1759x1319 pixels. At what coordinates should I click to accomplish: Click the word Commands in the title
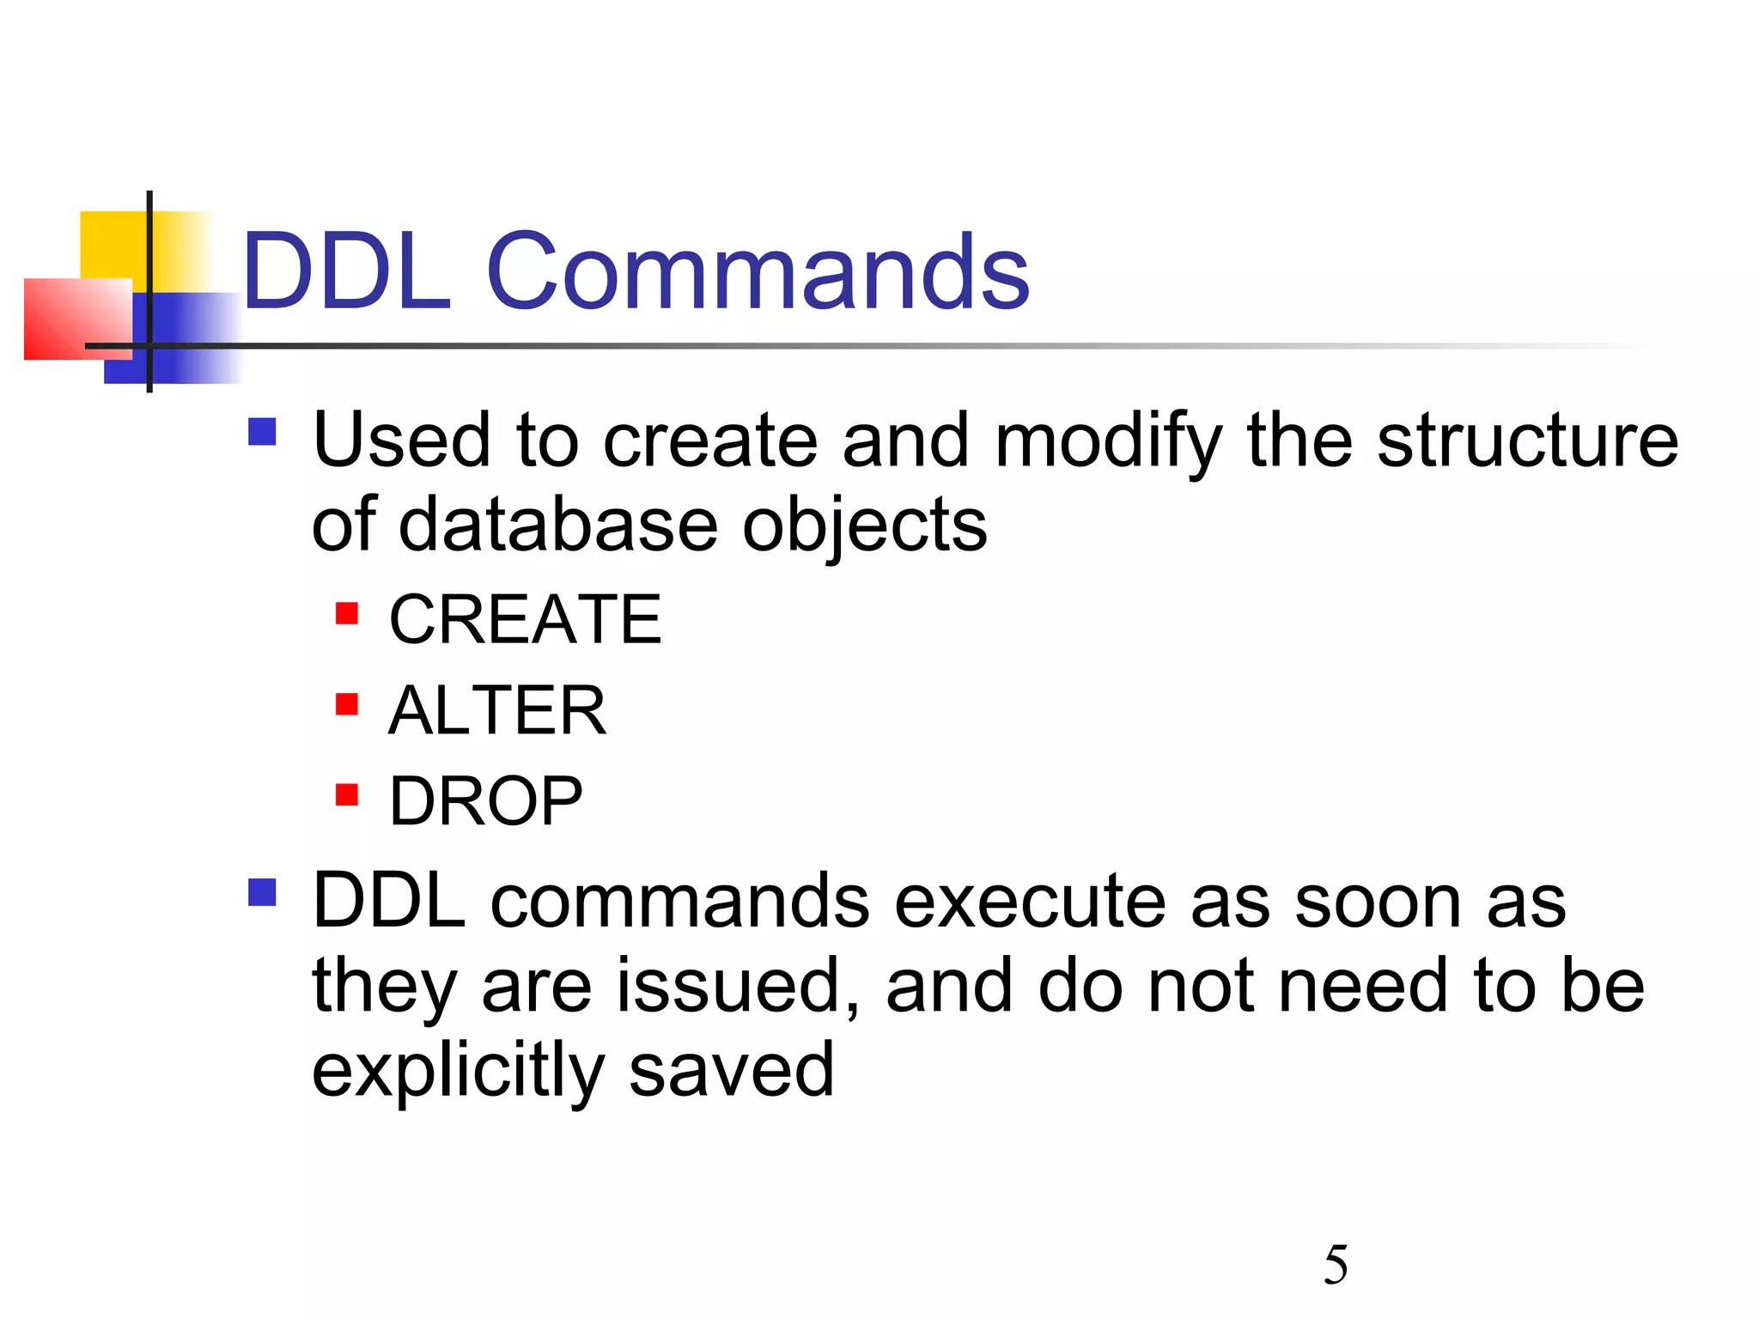tap(758, 273)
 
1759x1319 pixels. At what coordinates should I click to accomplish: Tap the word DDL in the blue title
tap(346, 273)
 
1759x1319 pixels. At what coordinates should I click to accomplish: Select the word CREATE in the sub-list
tap(525, 620)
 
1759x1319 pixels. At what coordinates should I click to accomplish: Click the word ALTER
tap(497, 711)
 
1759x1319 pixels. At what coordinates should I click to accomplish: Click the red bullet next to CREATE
tap(347, 613)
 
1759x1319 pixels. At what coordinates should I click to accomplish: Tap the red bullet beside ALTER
tap(347, 704)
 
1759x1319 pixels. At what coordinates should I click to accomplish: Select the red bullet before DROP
tap(347, 795)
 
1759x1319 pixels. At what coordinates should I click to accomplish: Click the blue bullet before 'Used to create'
tap(262, 431)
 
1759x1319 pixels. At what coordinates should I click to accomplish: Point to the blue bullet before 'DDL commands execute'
tap(262, 892)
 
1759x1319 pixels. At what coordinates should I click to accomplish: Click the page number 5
tap(1336, 1265)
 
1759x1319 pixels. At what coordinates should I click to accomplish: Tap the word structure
tap(1527, 441)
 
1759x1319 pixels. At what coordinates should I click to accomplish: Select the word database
tap(558, 526)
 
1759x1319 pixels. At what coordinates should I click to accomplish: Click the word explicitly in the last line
tap(459, 1072)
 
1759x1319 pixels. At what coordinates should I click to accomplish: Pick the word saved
tap(731, 1070)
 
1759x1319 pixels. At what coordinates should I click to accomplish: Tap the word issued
tap(739, 987)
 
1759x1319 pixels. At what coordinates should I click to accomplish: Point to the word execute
tap(1031, 903)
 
